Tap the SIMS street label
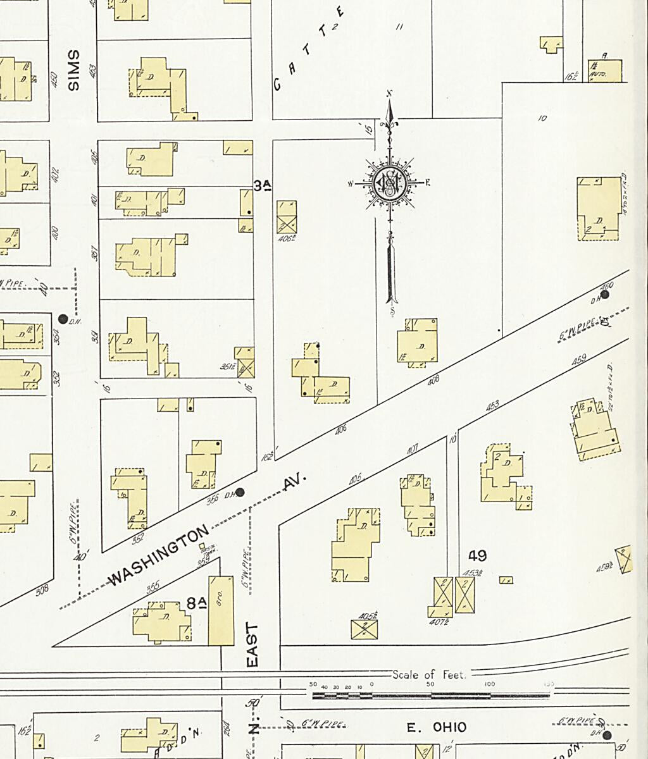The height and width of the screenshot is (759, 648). [73, 70]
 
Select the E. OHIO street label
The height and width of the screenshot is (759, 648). [437, 727]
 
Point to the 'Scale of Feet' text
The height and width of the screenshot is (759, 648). [429, 675]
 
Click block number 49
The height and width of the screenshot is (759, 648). [477, 556]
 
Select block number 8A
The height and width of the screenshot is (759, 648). [197, 603]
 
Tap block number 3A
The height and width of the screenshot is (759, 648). [263, 185]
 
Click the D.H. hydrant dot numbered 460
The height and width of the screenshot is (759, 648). [605, 294]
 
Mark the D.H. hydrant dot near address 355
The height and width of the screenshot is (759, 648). [240, 492]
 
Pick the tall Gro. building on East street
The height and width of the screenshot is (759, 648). [221, 610]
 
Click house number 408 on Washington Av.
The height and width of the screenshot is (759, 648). [433, 381]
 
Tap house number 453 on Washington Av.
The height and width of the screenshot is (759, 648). [492, 407]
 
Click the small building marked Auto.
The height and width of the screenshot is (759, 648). [605, 71]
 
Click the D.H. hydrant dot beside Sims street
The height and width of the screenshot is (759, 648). [63, 319]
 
